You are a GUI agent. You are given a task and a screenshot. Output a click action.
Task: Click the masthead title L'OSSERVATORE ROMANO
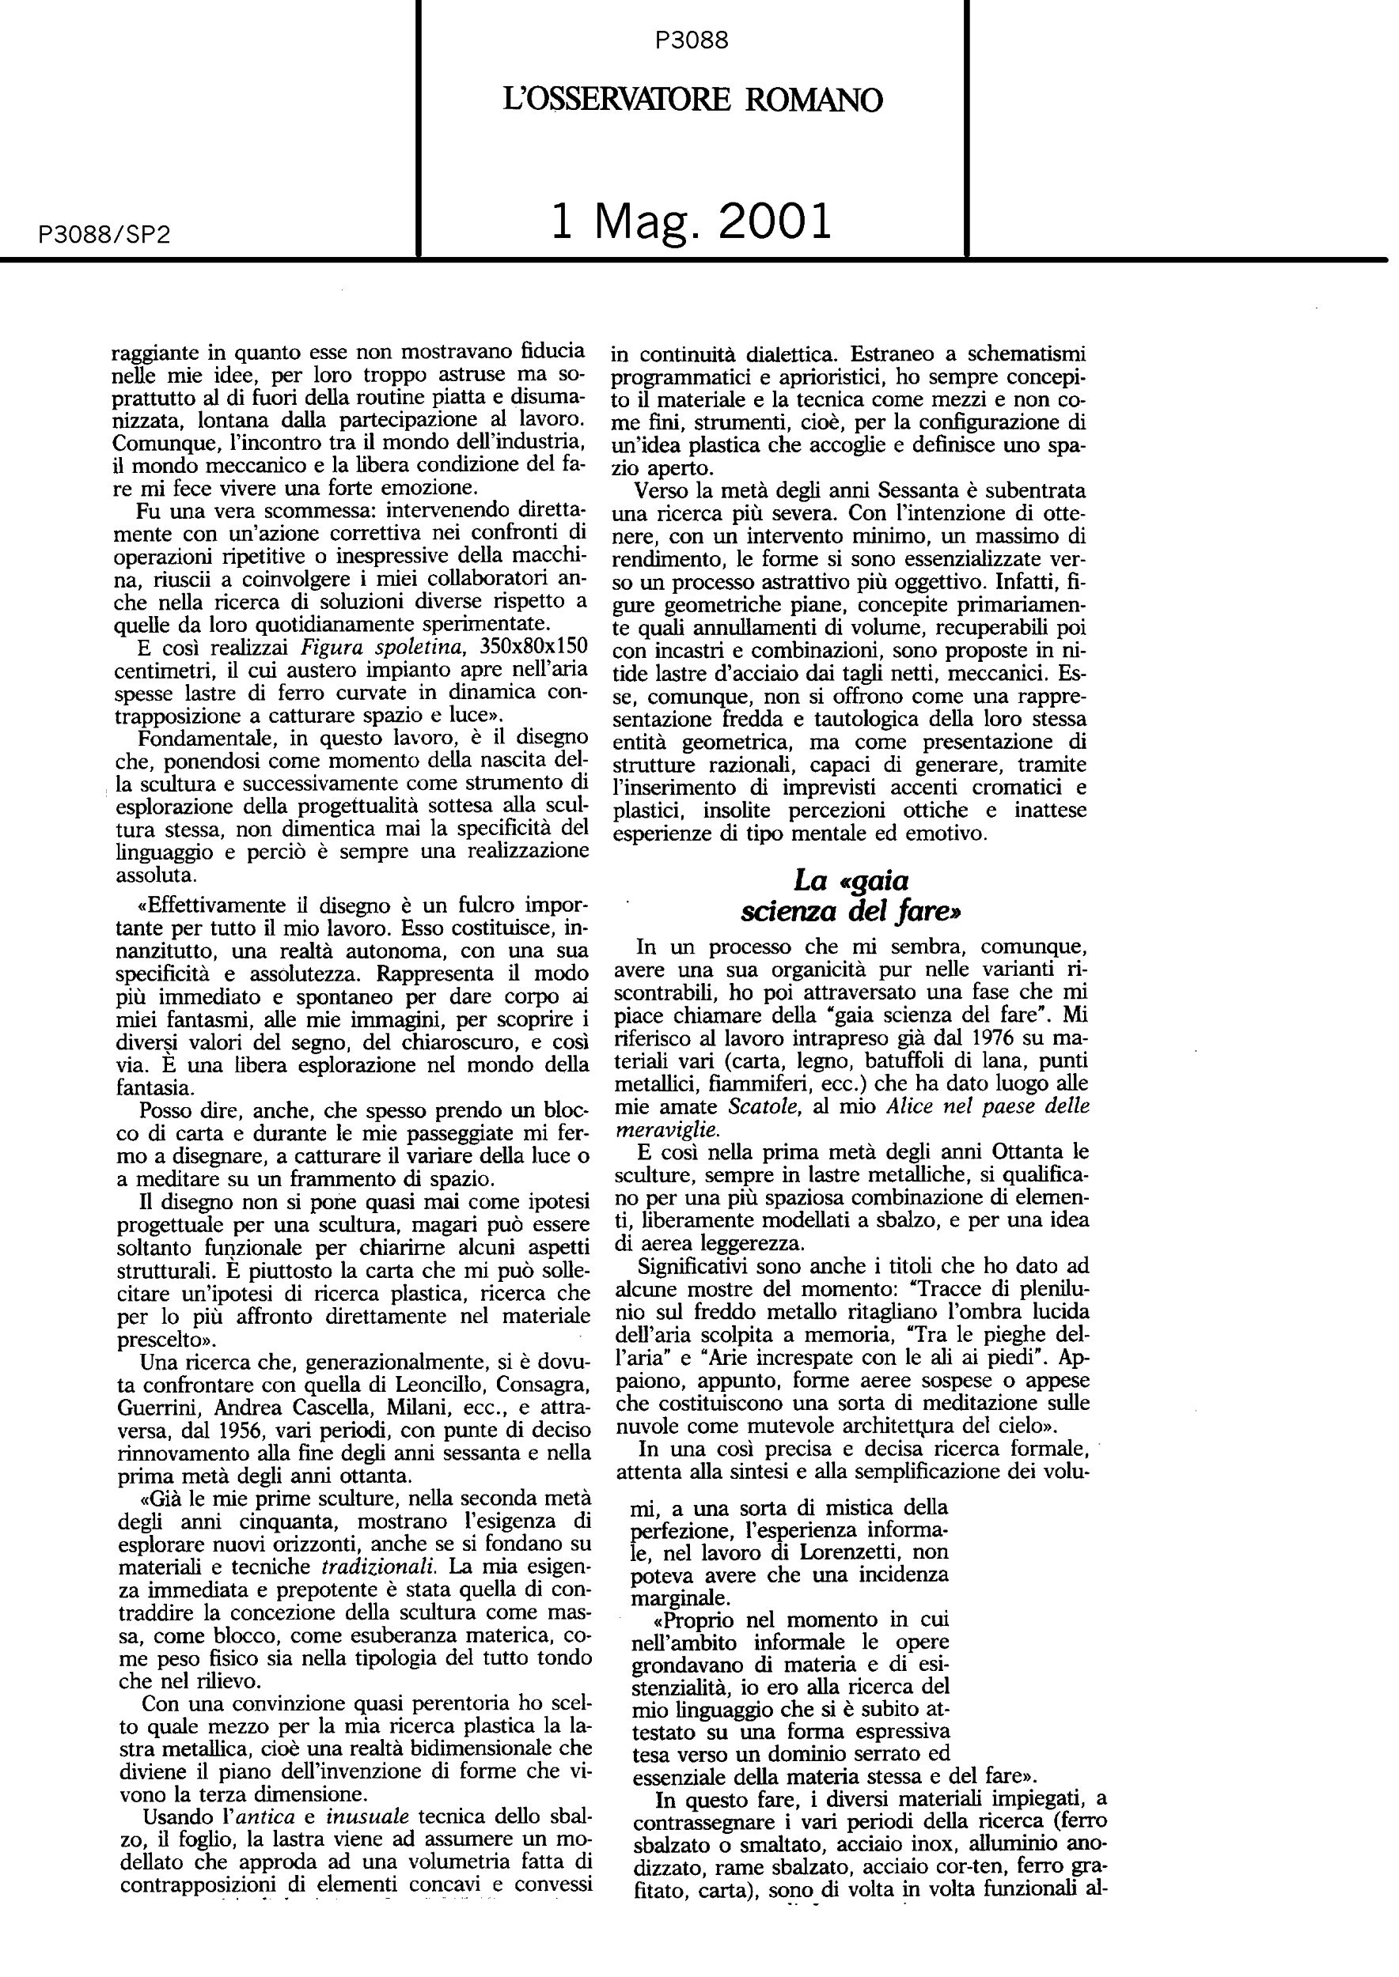pyautogui.click(x=692, y=100)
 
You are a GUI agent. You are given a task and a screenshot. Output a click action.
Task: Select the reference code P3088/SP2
pyautogui.click(x=104, y=235)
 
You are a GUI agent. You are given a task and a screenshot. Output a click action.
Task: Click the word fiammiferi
pyautogui.click(x=746, y=1083)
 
